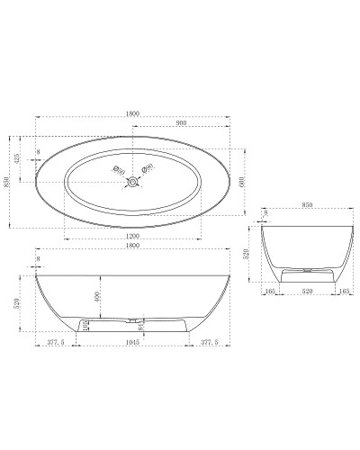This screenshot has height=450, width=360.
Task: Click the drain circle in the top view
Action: [x=134, y=183]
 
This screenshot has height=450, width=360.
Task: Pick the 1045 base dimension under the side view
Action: [x=134, y=343]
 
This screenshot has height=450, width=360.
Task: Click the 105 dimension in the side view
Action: [x=85, y=325]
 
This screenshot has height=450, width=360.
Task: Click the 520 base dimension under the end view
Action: [x=306, y=291]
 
